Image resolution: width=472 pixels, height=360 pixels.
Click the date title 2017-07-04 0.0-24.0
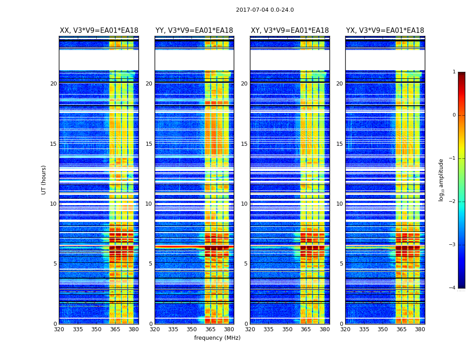[x=265, y=10]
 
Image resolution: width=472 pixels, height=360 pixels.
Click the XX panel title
[x=99, y=31]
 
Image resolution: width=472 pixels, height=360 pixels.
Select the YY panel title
[x=194, y=31]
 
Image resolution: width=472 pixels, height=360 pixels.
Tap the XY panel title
[x=290, y=31]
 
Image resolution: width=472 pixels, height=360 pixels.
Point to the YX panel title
[x=385, y=31]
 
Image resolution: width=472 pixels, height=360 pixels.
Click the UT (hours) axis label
[x=44, y=180]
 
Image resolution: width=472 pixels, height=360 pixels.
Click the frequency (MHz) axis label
[x=217, y=338]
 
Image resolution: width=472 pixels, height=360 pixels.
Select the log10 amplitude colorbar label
[x=441, y=180]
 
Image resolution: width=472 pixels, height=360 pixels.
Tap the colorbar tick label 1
[x=454, y=72]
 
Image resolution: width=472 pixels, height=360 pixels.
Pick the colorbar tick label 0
[x=454, y=115]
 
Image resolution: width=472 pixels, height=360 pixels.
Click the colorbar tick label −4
[x=453, y=288]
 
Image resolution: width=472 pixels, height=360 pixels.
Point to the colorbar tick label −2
[x=453, y=202]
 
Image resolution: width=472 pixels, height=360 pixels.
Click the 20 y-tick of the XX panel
[x=53, y=84]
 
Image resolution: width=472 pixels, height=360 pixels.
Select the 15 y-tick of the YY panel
[x=149, y=144]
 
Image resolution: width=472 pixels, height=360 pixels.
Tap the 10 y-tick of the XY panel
[x=244, y=204]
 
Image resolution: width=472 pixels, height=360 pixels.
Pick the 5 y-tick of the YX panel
[x=341, y=264]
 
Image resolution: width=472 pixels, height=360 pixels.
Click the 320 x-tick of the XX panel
[x=59, y=329]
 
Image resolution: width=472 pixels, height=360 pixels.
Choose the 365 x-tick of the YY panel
[x=210, y=329]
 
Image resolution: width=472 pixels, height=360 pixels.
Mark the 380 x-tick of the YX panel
[x=420, y=329]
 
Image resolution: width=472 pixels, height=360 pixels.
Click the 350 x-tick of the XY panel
[x=287, y=329]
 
